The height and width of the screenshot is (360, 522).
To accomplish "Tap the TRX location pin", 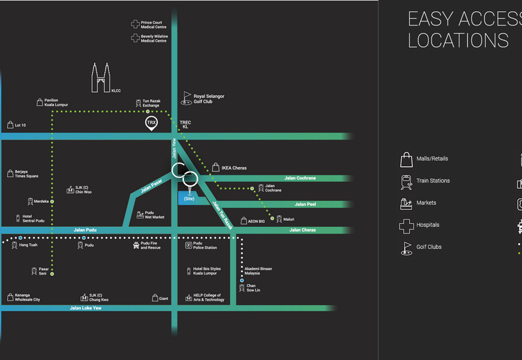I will point(151,123).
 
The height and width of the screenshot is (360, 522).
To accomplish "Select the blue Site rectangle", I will point(189,198).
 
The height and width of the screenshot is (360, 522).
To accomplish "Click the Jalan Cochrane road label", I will point(299,178).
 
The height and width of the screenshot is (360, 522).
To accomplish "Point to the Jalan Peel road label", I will point(305,204).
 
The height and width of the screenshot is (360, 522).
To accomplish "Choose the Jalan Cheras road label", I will point(303,230).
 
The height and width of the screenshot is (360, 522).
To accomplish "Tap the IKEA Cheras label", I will point(234,168).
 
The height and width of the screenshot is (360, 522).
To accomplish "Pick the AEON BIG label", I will point(256,221).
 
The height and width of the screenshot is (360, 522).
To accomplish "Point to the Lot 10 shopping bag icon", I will point(10,124).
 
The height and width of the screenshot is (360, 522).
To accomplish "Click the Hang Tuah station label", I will point(29,245).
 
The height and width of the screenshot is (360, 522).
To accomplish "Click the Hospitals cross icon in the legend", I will point(407,226).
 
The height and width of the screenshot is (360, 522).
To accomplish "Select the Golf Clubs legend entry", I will point(429,247).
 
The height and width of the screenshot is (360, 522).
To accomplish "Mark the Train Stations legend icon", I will point(406,181).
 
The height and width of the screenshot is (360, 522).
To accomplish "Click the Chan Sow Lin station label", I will point(251,288).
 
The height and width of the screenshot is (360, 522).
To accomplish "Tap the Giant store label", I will point(163,299).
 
